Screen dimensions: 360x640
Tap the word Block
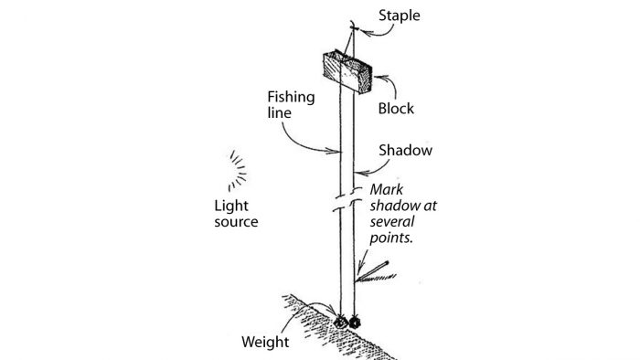396,109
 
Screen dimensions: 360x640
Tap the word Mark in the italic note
385,190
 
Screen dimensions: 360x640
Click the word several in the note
391,221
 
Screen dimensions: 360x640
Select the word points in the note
389,237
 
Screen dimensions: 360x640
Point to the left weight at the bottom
341,323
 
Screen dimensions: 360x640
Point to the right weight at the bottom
354,323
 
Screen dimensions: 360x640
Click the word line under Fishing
279,112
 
